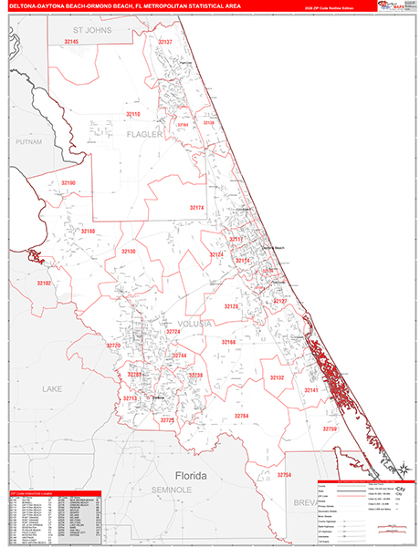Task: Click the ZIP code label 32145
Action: (x=71, y=42)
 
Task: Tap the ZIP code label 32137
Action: (x=164, y=42)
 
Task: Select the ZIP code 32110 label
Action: (x=133, y=114)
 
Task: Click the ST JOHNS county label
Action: (x=91, y=30)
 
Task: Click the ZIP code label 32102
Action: (x=44, y=284)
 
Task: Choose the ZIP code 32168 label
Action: (x=228, y=342)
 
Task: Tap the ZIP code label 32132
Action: (x=277, y=377)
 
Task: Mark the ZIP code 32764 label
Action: (x=241, y=416)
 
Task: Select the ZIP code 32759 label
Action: (x=330, y=428)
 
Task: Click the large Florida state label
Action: (x=191, y=476)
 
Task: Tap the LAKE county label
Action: (x=52, y=389)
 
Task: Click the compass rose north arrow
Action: (x=399, y=469)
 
